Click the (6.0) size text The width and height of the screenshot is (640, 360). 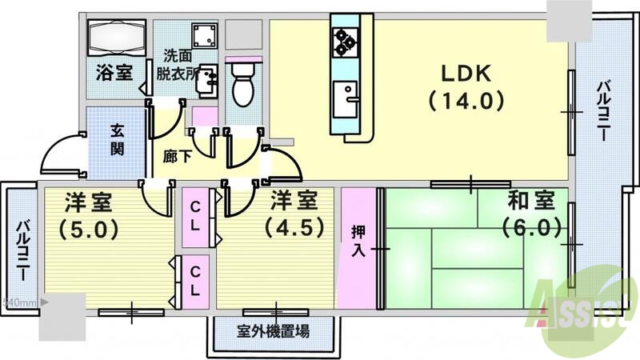click(530, 227)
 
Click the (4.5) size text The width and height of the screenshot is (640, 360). click(297, 226)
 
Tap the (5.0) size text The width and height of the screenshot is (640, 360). click(88, 228)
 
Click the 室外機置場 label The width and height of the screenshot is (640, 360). click(274, 330)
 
